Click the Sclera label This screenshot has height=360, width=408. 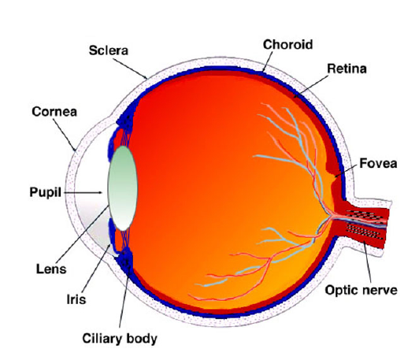click(109, 50)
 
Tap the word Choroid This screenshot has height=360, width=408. click(287, 45)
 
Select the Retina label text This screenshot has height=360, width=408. click(347, 69)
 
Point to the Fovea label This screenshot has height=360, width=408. click(378, 163)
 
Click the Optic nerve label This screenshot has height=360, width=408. click(361, 291)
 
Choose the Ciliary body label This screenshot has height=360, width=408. click(120, 339)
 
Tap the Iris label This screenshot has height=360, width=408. click(76, 299)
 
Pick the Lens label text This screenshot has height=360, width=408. click(51, 269)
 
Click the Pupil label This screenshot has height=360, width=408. click(45, 192)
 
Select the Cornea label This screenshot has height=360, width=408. click(54, 112)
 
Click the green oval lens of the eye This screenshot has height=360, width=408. click(123, 188)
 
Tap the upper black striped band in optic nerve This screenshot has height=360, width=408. click(364, 216)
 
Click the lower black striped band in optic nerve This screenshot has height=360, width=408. click(364, 232)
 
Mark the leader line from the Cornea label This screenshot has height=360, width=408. click(65, 135)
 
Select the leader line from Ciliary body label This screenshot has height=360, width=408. click(124, 294)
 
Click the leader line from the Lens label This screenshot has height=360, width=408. click(82, 235)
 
